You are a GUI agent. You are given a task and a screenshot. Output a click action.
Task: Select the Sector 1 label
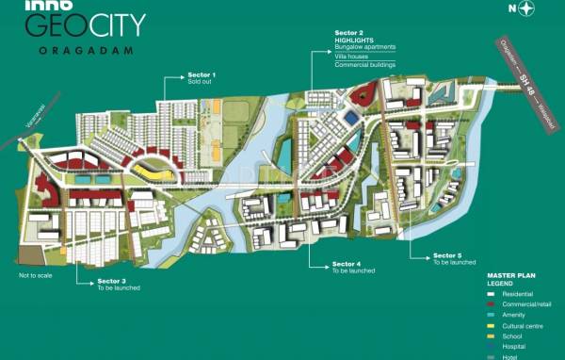202,74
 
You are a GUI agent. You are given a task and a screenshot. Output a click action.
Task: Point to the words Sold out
200,82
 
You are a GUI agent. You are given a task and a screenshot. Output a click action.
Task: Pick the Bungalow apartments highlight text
365,46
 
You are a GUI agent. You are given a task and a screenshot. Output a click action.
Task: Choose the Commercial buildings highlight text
364,65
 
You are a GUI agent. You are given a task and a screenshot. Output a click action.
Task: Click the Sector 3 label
112,281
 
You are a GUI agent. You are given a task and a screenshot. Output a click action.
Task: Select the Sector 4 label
347,264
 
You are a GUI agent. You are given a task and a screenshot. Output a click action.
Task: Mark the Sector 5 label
447,255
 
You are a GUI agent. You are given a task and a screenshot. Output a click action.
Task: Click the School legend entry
499,336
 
